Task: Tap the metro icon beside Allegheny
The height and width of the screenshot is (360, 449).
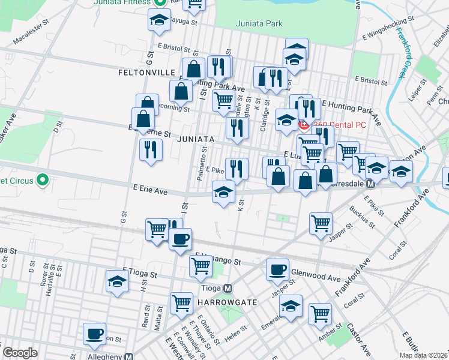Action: click(129, 356)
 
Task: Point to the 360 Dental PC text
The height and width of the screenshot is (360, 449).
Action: click(339, 125)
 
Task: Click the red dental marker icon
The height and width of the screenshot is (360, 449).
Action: click(304, 125)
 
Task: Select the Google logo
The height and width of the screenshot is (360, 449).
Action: click(20, 353)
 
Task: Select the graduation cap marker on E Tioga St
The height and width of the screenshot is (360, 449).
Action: click(117, 281)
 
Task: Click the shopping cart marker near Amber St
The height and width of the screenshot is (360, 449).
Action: click(320, 313)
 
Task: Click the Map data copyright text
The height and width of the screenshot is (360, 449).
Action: click(423, 355)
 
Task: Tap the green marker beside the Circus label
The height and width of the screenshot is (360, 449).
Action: click(42, 179)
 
